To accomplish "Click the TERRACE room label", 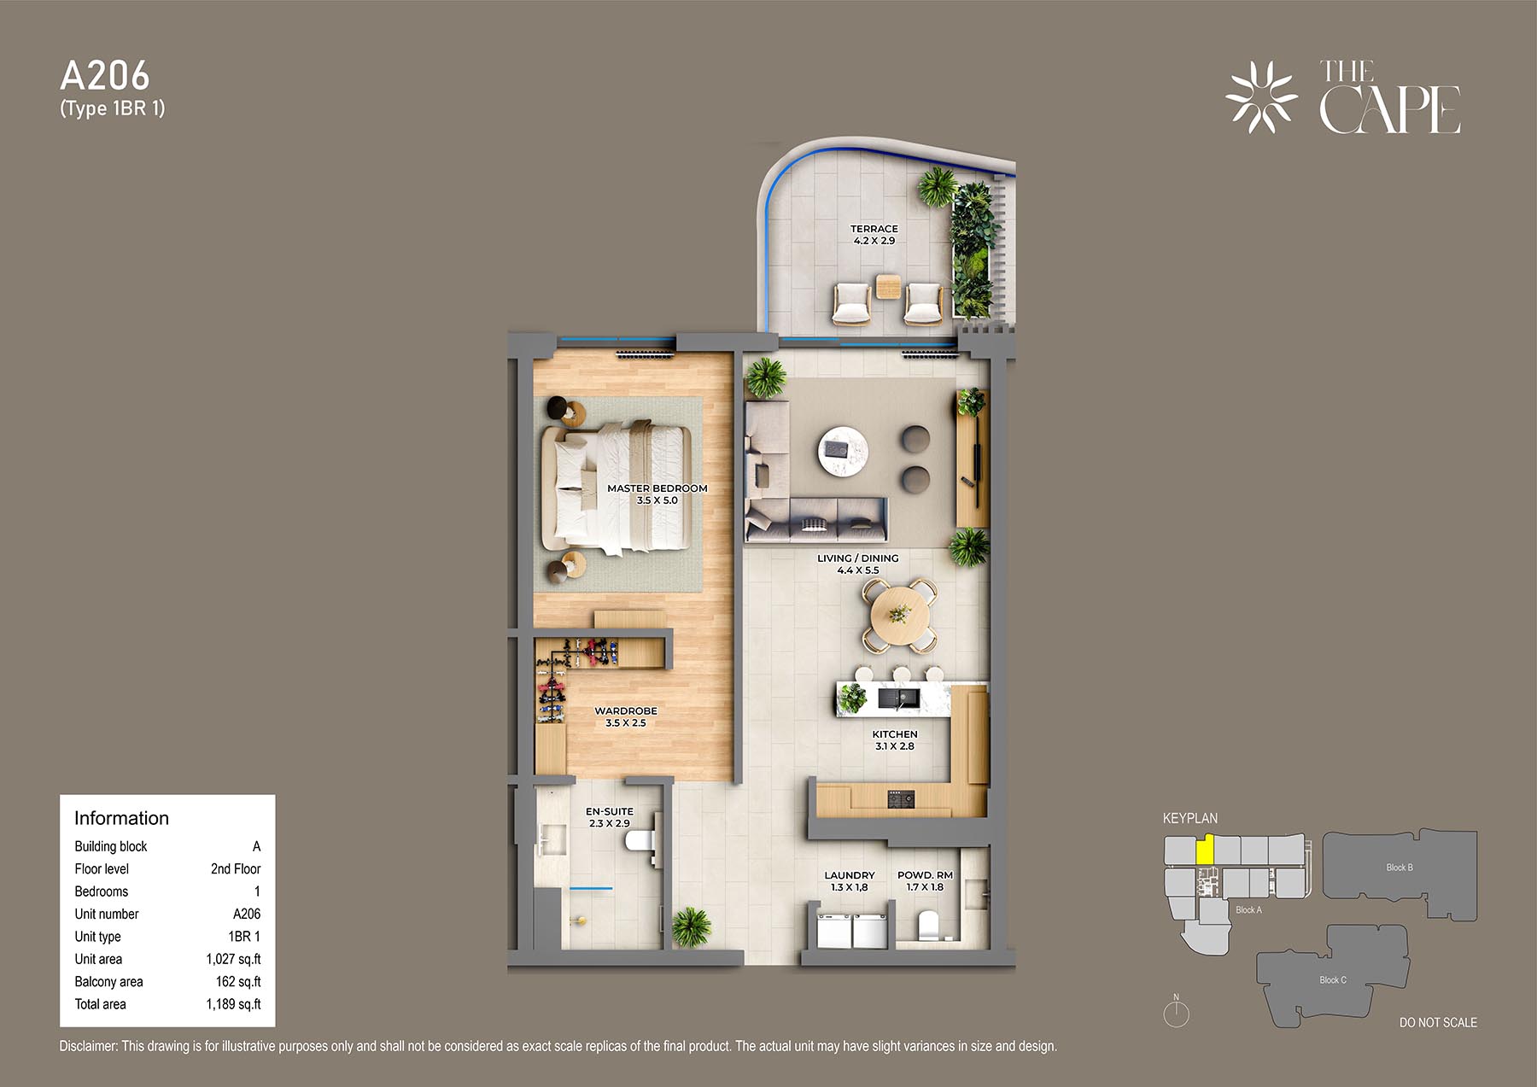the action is point(874,229).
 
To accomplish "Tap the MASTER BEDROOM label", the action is point(657,488).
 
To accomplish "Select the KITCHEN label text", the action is point(895,734).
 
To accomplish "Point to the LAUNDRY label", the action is point(850,875).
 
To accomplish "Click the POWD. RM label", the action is point(925,875).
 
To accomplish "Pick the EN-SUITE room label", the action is point(610,812).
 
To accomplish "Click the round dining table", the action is point(899,614).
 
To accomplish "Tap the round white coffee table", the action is point(843,450).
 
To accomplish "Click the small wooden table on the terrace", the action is point(888,287).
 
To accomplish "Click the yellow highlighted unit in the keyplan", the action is point(1205,850).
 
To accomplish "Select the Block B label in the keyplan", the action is point(1400,868).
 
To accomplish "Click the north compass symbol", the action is point(1177,1012).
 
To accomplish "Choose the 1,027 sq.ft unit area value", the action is point(233,959).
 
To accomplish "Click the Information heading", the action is point(121,818).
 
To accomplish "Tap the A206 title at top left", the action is point(105,76).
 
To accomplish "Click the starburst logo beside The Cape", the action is point(1261,97).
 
